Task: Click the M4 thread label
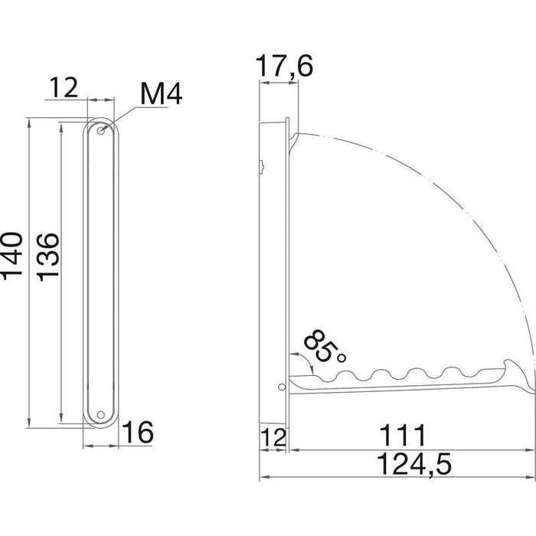tap(162, 94)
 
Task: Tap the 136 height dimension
tap(47, 257)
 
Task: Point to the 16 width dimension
tap(137, 432)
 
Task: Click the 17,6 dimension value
tap(284, 66)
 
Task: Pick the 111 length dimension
tap(403, 435)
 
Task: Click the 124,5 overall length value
tap(414, 463)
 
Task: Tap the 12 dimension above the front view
tap(64, 87)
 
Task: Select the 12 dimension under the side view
tap(273, 437)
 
